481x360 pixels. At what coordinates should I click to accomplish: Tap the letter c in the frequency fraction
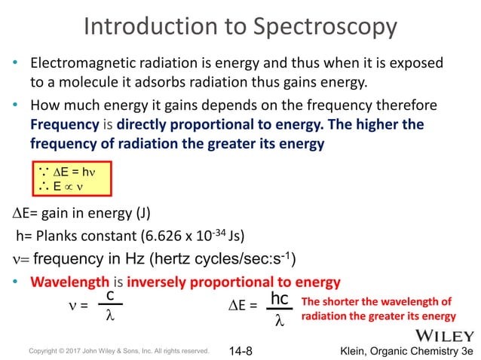[x=110, y=295]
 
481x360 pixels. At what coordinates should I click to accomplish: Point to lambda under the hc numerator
[x=279, y=320]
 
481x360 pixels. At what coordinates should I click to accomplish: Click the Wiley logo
[x=443, y=333]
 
